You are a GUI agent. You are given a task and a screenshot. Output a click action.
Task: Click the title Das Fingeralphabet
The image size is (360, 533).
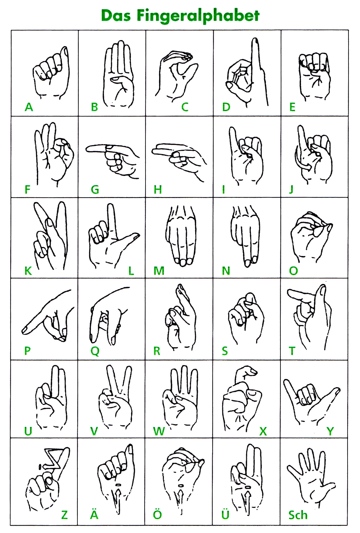point(180,16)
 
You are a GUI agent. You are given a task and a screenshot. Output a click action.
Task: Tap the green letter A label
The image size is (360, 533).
point(29,107)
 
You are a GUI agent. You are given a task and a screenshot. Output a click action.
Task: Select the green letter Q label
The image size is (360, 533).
point(95,351)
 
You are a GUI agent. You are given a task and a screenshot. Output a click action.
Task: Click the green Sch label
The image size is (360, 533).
point(298,515)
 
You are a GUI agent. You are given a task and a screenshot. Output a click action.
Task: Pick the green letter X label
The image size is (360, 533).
point(263,431)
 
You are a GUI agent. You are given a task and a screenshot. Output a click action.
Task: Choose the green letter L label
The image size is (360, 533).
point(131,271)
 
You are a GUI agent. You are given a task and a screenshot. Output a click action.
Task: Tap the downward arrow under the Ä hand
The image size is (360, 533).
point(117,499)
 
